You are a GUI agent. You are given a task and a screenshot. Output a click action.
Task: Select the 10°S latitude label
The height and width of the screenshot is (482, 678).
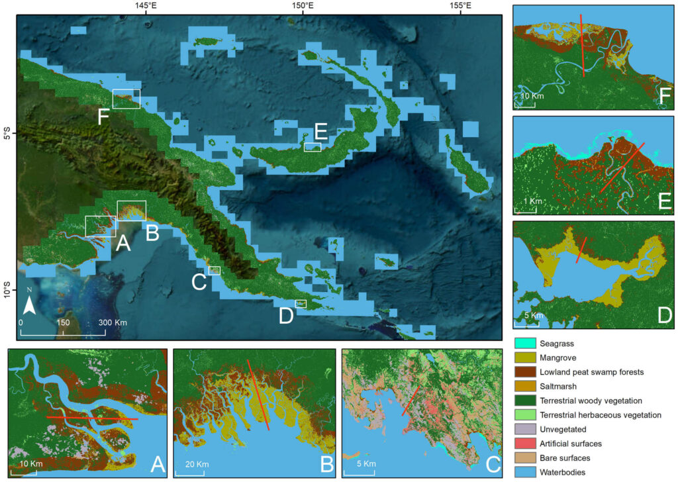[7, 291]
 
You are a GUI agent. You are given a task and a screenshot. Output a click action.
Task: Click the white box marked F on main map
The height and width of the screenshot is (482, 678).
[126, 98]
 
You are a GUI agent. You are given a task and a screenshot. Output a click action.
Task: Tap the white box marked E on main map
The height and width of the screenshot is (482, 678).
[313, 147]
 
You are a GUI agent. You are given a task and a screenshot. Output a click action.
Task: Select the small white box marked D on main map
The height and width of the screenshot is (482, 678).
[301, 304]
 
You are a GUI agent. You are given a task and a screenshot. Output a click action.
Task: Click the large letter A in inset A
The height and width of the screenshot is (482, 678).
[157, 464]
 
